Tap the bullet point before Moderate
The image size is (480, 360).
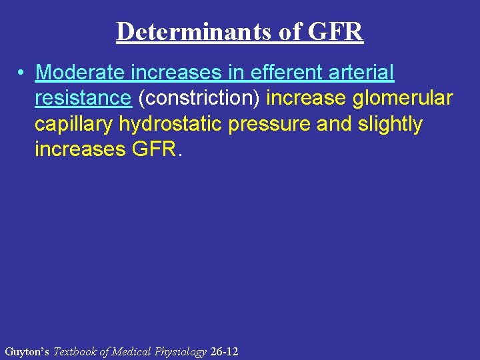coord(22,72)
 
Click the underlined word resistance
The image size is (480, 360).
coord(83,98)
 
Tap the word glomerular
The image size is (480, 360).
coord(403,98)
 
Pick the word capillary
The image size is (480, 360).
coord(74,124)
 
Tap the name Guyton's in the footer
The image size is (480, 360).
coord(27,351)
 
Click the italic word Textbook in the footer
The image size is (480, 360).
coord(75,351)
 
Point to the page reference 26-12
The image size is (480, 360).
coord(224,351)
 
